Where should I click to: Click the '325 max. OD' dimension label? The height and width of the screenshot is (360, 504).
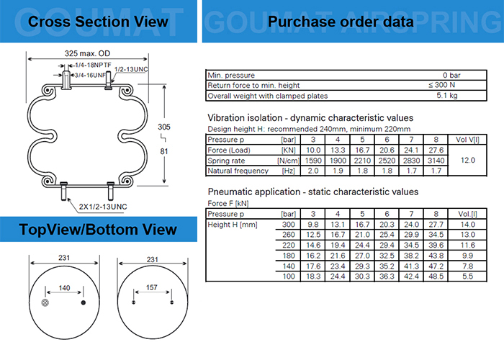click(x=87, y=53)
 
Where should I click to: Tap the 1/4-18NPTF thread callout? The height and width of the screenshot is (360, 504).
click(x=93, y=66)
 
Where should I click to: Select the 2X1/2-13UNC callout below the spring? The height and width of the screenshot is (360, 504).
click(x=103, y=207)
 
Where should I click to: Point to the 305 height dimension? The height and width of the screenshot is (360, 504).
click(x=164, y=127)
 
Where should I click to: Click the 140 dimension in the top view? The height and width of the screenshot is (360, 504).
click(x=64, y=288)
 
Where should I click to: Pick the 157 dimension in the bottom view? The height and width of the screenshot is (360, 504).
click(x=152, y=287)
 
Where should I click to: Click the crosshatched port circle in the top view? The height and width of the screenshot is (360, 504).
click(x=45, y=302)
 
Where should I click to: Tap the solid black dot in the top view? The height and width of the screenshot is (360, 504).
click(x=84, y=302)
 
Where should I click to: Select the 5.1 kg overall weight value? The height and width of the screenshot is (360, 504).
click(x=447, y=96)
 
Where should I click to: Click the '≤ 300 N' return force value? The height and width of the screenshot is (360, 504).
click(x=441, y=85)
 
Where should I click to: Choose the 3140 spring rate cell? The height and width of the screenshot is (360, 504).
click(x=436, y=161)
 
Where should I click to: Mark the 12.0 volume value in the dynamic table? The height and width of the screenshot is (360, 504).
click(x=468, y=160)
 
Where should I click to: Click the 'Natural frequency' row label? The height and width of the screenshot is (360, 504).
click(x=238, y=171)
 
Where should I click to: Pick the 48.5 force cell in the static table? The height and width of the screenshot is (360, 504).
click(x=436, y=276)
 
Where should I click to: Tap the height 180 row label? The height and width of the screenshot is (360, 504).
click(x=289, y=256)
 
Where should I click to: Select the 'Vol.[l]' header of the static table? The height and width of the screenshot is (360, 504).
click(x=468, y=214)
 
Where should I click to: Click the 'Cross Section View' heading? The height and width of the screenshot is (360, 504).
click(x=98, y=22)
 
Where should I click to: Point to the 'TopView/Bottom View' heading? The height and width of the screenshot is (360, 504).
click(x=98, y=230)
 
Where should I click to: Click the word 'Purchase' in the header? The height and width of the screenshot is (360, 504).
click(x=301, y=22)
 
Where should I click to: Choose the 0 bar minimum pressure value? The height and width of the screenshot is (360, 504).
click(x=451, y=75)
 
